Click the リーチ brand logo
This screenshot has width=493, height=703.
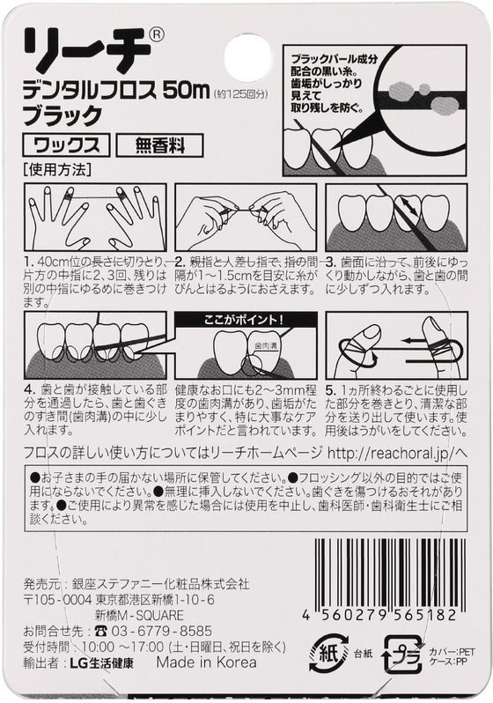86,51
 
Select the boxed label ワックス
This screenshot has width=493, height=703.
66,144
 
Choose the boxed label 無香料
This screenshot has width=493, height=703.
159,145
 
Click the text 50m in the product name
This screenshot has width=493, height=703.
186,92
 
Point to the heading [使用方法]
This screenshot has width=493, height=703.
57,170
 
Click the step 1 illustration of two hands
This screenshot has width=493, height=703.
95,217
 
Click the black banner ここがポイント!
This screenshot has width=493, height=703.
246,320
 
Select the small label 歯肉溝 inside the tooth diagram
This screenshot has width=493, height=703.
264,346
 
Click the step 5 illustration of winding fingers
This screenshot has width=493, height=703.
397,345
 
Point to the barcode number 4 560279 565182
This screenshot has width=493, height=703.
379,615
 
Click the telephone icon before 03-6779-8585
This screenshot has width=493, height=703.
100,632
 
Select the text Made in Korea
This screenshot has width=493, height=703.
207,662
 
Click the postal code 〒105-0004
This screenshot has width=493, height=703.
57,599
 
